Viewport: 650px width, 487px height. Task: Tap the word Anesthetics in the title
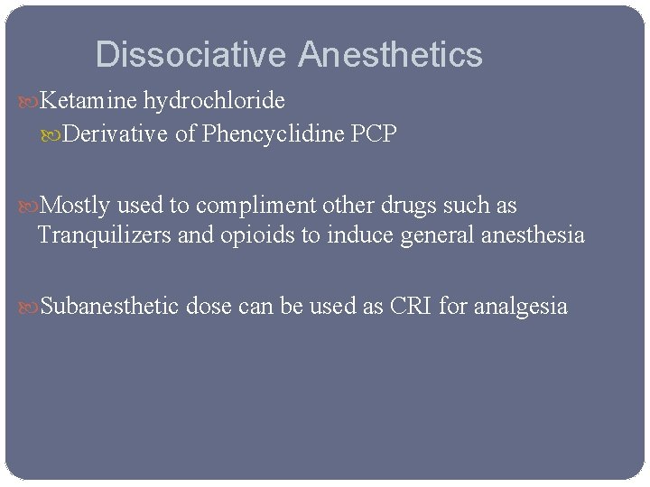click(x=390, y=55)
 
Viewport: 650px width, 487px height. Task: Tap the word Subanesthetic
click(x=110, y=307)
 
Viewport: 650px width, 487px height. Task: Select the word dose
click(x=209, y=307)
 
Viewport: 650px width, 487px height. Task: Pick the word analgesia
click(x=522, y=307)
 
